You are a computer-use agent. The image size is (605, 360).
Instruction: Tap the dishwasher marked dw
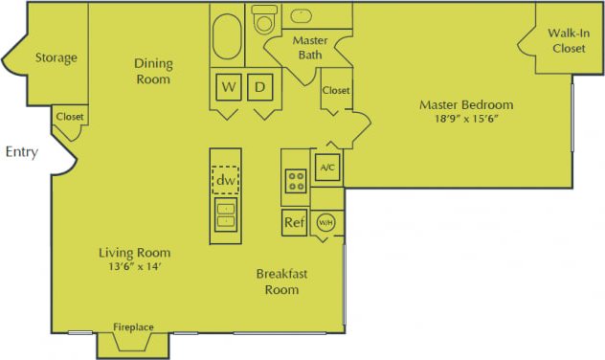tap(226, 179)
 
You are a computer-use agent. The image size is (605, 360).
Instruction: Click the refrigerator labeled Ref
tap(294, 223)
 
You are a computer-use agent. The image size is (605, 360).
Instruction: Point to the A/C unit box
tap(326, 168)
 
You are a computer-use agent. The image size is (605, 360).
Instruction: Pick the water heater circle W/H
tap(326, 222)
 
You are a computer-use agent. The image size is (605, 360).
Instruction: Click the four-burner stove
tap(295, 179)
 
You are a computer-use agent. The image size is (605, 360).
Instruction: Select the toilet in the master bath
tap(262, 18)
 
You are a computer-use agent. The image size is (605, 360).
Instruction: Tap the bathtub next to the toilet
tap(228, 35)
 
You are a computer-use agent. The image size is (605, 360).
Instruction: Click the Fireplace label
tap(134, 327)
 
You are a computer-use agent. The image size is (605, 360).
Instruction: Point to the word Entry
tap(22, 151)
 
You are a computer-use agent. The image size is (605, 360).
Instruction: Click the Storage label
tap(56, 57)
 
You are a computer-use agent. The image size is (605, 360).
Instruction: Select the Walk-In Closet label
tap(568, 40)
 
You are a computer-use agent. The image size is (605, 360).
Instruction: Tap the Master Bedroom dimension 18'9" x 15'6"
tap(467, 121)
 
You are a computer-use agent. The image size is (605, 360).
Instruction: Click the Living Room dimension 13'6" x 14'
tap(134, 266)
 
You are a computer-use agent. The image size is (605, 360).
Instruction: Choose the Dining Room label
tap(153, 72)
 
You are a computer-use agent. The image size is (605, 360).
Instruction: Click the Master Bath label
tap(309, 49)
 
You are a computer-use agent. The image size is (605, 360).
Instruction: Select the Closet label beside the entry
tap(70, 117)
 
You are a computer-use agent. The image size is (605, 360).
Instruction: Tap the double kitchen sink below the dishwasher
tap(226, 214)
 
